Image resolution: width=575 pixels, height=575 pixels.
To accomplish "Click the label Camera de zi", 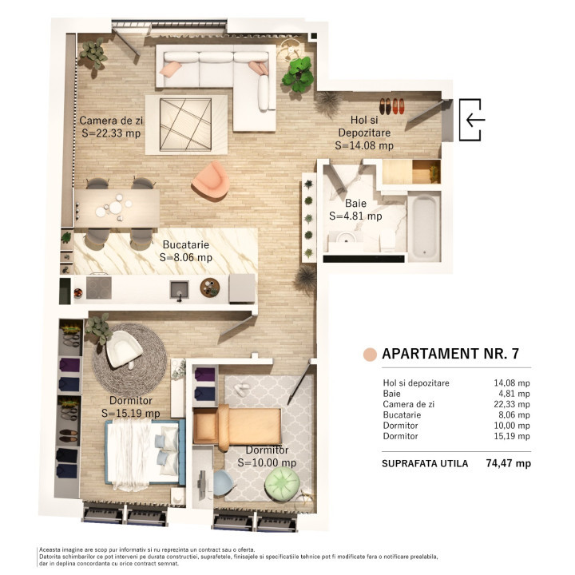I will coord(111,121).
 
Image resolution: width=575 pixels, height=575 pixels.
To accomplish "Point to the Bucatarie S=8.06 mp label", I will coord(186,251).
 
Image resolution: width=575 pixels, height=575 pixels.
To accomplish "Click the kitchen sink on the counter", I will coord(180,288).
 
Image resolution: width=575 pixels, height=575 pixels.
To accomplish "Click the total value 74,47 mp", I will coord(508,463).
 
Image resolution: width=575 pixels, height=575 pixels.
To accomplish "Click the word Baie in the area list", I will coord(391,394).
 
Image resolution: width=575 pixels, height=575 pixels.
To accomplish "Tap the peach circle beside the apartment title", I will coord(369,354).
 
